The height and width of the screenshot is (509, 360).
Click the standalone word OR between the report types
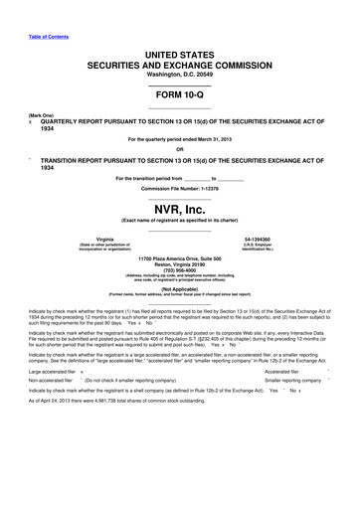pyautogui.click(x=180, y=150)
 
